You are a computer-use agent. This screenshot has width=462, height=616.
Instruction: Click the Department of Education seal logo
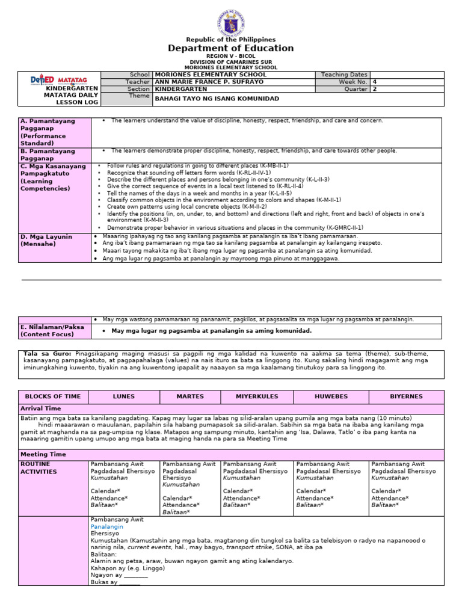click(231, 19)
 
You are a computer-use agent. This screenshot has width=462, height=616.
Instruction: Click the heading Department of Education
click(231, 48)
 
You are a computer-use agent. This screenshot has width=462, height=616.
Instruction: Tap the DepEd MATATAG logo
click(59, 80)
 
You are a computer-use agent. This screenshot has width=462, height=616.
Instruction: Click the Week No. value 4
click(375, 82)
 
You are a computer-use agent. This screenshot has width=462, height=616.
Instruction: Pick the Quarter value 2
click(375, 89)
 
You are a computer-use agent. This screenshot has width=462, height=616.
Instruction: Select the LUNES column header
click(124, 397)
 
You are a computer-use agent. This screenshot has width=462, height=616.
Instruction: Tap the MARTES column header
click(190, 397)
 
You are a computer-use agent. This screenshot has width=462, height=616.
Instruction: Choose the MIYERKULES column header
click(257, 397)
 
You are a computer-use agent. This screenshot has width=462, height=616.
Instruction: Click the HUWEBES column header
click(331, 397)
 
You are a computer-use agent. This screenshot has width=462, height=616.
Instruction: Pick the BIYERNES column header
click(406, 397)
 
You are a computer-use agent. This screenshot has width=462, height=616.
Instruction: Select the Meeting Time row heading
click(43, 455)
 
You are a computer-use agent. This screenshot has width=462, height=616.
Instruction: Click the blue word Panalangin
click(106, 526)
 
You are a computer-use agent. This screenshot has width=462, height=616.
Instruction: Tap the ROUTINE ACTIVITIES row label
click(38, 468)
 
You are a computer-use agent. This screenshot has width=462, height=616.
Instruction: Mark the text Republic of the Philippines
click(231, 40)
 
